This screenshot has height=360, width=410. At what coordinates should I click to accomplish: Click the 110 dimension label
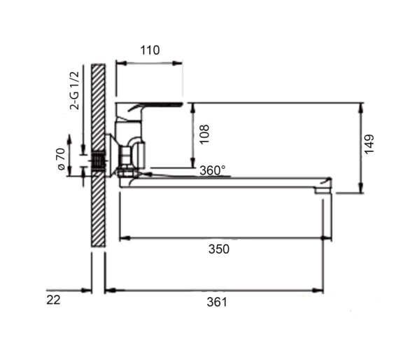150,50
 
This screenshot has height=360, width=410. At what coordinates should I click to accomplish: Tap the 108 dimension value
204,134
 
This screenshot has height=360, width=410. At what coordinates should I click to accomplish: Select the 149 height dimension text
369,144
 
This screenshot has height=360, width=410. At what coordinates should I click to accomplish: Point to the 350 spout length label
219,249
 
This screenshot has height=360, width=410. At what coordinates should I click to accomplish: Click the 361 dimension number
217,302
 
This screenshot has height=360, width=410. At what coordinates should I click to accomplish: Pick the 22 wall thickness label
53,300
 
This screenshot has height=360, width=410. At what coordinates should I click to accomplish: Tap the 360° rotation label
213,170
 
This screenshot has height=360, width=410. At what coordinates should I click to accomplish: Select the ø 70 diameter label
61,159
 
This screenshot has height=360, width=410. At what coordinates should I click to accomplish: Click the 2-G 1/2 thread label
74,91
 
